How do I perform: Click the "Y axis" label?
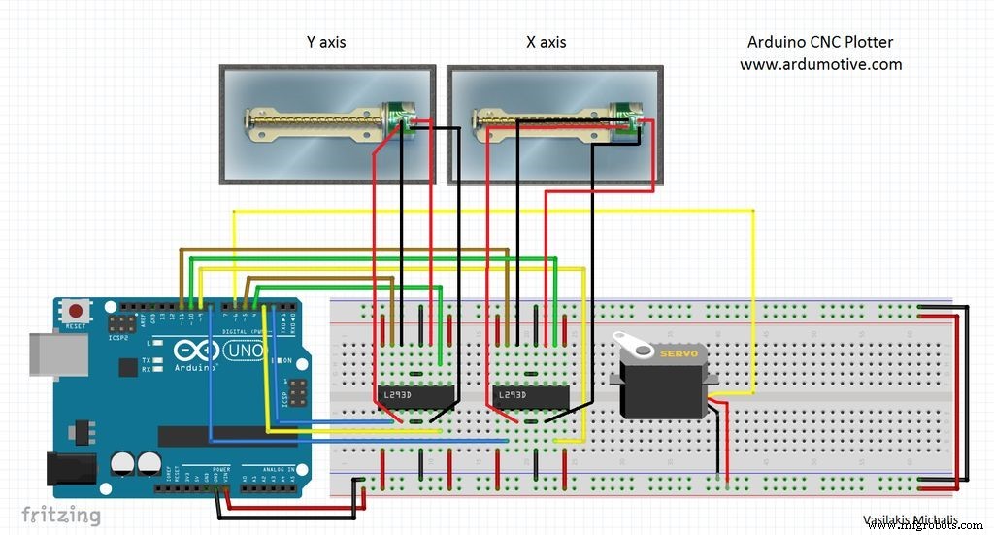325,43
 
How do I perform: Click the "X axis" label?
546,43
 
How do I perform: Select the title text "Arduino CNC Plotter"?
820,43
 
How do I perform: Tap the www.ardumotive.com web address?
820,64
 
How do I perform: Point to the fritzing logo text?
60,515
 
